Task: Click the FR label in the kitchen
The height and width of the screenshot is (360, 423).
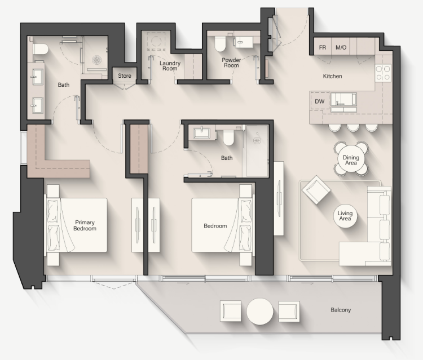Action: tap(323, 47)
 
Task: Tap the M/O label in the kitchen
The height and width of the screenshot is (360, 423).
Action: tap(341, 47)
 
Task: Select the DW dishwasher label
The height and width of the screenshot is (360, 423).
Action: tap(320, 101)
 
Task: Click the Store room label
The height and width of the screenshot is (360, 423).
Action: tap(125, 75)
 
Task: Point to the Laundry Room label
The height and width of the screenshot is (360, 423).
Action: tap(170, 66)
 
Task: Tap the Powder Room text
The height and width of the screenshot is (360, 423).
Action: tap(231, 63)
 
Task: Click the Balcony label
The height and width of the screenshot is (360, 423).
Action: tap(341, 310)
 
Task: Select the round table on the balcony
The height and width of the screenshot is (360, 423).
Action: tap(259, 312)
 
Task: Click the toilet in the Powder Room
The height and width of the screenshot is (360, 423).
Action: tap(220, 43)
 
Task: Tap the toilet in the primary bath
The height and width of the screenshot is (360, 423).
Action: tap(40, 49)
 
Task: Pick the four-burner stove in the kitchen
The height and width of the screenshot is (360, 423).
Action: tap(383, 73)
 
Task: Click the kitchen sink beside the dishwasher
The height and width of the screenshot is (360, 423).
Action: tap(343, 99)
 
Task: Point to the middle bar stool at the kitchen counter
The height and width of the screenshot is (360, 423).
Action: tap(353, 127)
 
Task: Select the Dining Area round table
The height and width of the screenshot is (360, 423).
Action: tap(351, 160)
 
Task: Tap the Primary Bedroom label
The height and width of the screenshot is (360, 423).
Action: tap(85, 225)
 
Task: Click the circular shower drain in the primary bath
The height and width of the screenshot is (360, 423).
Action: tap(97, 60)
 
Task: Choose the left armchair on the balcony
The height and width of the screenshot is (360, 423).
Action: tap(231, 311)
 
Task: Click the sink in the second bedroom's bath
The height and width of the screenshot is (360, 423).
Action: tap(202, 133)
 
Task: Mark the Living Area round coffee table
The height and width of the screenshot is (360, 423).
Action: tap(345, 216)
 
